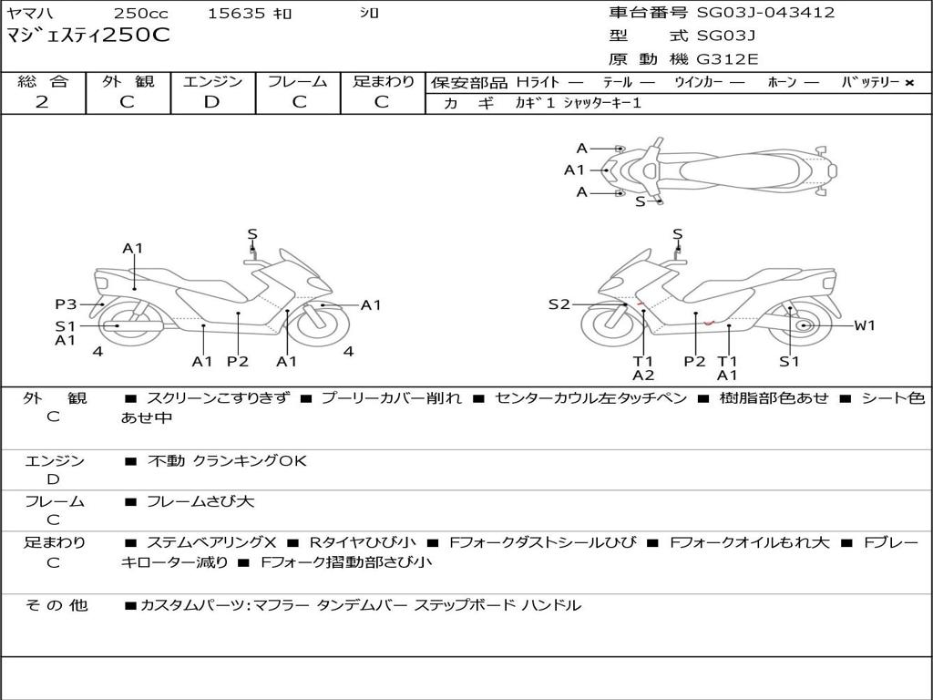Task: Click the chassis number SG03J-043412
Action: pyautogui.click(x=765, y=13)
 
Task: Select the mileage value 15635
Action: pyautogui.click(x=236, y=14)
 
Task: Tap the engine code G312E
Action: pyautogui.click(x=728, y=59)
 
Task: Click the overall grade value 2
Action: pyautogui.click(x=42, y=101)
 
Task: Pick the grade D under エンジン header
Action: pyautogui.click(x=212, y=101)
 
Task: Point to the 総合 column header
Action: pyautogui.click(x=43, y=81)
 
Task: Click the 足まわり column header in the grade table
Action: pyautogui.click(x=383, y=81)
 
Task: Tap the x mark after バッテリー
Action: pyautogui.click(x=909, y=82)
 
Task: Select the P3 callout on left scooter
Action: pyautogui.click(x=66, y=304)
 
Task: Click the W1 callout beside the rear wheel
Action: pyautogui.click(x=864, y=324)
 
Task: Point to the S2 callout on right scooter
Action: pyautogui.click(x=559, y=304)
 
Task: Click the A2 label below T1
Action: pyautogui.click(x=643, y=376)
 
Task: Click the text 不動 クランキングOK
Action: pyautogui.click(x=227, y=461)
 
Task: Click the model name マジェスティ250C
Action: pyautogui.click(x=88, y=36)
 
